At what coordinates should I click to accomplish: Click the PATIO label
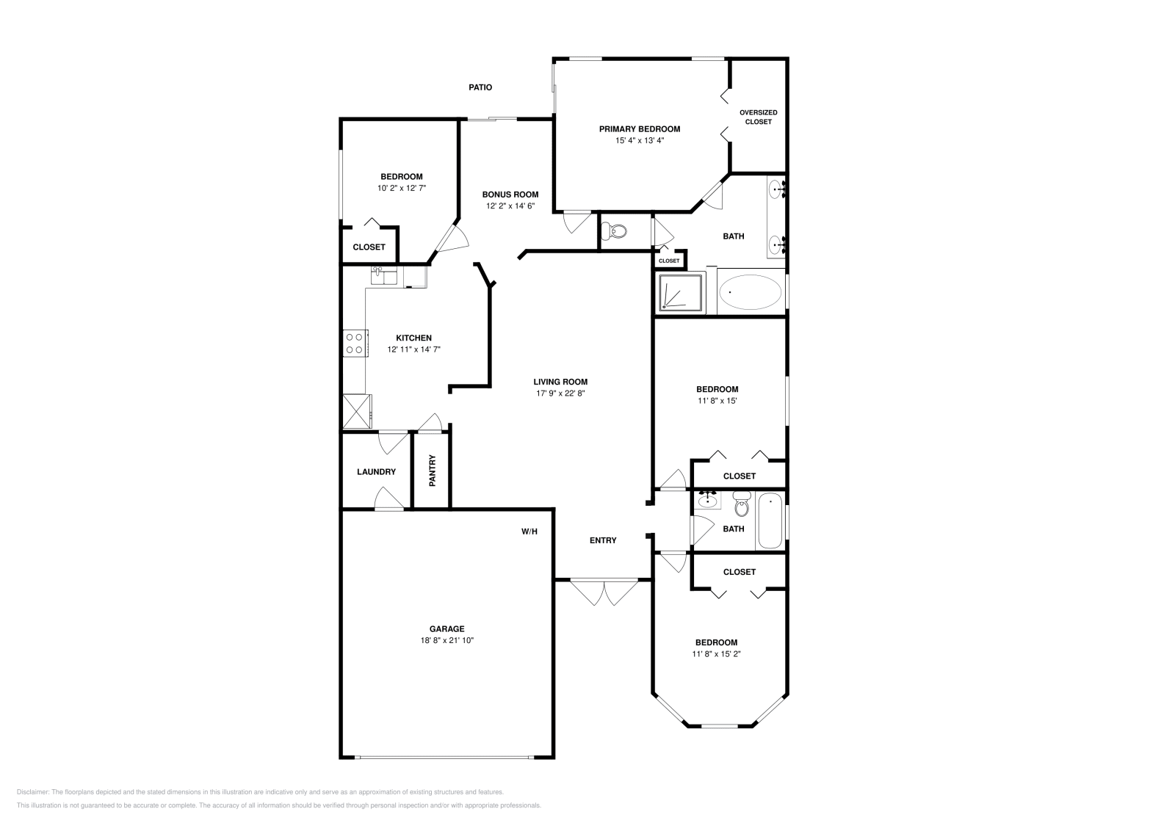[480, 87]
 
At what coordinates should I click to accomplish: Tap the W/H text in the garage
[529, 531]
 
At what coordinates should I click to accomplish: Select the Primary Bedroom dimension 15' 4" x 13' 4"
[639, 140]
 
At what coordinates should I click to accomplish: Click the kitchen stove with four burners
[355, 343]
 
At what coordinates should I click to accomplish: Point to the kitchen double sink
[383, 276]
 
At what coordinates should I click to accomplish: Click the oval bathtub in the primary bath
[750, 292]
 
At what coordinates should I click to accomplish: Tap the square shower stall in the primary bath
[680, 293]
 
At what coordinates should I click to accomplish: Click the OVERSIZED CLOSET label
[758, 117]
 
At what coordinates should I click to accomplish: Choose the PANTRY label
[433, 471]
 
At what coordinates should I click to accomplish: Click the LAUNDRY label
[376, 472]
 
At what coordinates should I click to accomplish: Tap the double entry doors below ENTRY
[604, 592]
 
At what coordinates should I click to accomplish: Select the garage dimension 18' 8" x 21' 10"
[446, 640]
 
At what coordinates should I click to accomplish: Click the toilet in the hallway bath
[742, 507]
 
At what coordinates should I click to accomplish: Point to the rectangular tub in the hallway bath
[770, 521]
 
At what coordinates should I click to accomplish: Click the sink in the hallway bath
[707, 501]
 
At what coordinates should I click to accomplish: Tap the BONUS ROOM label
[510, 195]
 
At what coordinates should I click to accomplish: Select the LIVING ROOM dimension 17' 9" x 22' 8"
[560, 393]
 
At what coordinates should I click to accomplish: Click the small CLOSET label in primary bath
[669, 261]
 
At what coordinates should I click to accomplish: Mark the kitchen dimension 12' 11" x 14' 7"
[413, 349]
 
